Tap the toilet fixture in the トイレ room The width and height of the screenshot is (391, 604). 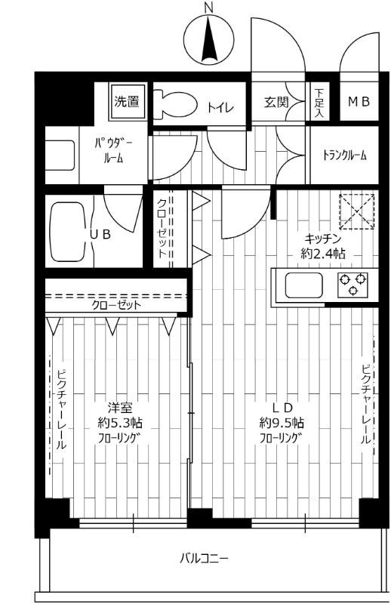click(x=174, y=104)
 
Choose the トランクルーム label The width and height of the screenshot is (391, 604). click(x=344, y=156)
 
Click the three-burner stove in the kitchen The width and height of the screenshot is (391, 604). click(x=353, y=285)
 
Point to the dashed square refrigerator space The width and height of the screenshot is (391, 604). click(x=356, y=210)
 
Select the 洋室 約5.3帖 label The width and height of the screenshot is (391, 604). click(x=115, y=421)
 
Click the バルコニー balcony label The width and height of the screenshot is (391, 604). click(x=203, y=559)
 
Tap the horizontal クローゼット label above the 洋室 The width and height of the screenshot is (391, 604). click(x=117, y=306)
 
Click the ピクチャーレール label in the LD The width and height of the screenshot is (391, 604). click(x=365, y=404)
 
